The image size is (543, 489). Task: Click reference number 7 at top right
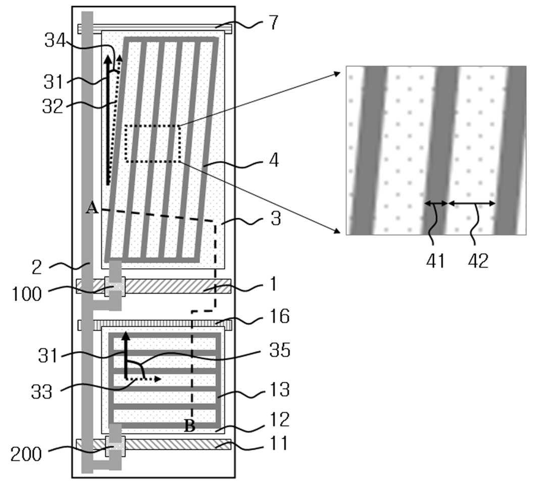coord(273,22)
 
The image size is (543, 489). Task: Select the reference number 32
coord(53,106)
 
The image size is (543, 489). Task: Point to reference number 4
coord(274,160)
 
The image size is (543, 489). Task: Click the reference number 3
coord(276,219)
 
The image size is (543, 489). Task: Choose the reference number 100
coord(27,294)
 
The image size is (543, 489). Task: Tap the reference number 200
coord(26,454)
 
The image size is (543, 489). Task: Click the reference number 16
coord(279,316)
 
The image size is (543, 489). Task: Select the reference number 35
coord(280,350)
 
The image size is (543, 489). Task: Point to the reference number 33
coord(41,392)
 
